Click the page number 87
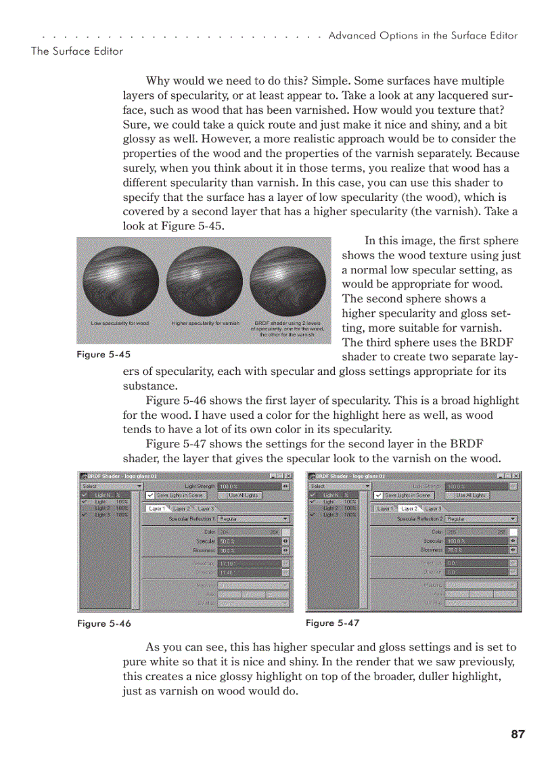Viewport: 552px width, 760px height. [x=518, y=734]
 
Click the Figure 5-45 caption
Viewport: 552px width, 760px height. [x=104, y=355]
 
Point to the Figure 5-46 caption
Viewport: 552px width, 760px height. [x=104, y=623]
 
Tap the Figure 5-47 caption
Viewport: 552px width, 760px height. [x=332, y=623]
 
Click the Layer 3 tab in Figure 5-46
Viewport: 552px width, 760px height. [x=206, y=508]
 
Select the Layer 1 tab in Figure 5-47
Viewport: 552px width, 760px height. [x=385, y=508]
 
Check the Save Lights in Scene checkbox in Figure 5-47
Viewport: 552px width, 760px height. [x=379, y=495]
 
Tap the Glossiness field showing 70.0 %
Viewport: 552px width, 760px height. [x=477, y=550]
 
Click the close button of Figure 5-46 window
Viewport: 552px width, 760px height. [x=288, y=476]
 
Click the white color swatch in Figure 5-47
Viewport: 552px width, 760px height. [x=513, y=532]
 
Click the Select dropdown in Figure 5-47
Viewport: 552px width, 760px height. [x=339, y=486]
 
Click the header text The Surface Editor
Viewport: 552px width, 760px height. [x=76, y=51]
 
